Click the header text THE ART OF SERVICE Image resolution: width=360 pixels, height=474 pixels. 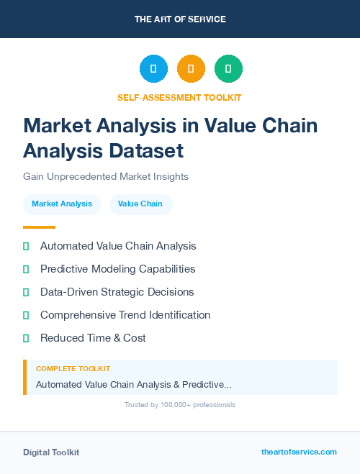[x=180, y=19]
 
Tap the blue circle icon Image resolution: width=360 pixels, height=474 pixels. [x=153, y=68]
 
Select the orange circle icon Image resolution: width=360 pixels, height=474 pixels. [x=191, y=68]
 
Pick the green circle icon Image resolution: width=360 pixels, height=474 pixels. [x=228, y=68]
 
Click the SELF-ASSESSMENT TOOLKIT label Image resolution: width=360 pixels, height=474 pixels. [x=179, y=97]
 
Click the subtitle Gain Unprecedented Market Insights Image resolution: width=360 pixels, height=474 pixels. [x=106, y=176]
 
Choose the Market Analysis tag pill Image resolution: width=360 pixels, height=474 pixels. [x=62, y=204]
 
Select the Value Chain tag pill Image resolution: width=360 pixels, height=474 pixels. [x=140, y=204]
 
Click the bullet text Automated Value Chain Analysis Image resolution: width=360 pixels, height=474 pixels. [x=118, y=246]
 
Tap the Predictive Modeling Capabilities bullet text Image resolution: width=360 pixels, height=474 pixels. [x=117, y=269]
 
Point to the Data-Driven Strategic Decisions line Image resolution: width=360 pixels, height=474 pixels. [x=117, y=292]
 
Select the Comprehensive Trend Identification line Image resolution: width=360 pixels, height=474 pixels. [x=125, y=315]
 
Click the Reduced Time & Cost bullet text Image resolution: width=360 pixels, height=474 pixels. [x=93, y=338]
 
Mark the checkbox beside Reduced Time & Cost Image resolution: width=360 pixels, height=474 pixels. [x=26, y=338]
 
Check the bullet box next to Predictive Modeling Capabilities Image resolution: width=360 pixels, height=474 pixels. [x=26, y=269]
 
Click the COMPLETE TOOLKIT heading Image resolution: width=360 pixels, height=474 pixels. [x=73, y=369]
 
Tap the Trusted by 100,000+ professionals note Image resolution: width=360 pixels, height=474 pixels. [x=180, y=405]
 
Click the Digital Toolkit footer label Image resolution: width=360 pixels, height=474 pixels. [x=51, y=452]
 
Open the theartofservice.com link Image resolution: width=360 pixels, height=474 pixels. [x=299, y=452]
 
